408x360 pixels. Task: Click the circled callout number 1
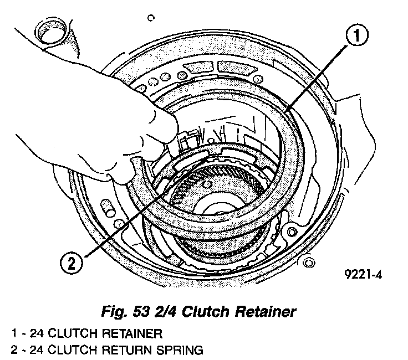pyautogui.click(x=356, y=37)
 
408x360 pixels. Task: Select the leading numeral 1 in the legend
pyautogui.click(x=13, y=334)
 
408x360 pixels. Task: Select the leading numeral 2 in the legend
pyautogui.click(x=13, y=349)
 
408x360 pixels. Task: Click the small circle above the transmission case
pyautogui.click(x=151, y=18)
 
